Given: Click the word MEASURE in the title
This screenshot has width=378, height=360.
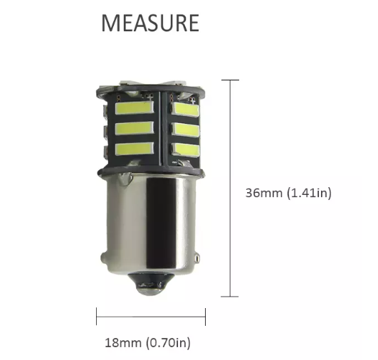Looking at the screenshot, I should click(x=149, y=23).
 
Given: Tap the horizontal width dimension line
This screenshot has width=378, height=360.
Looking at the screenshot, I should click(x=150, y=315).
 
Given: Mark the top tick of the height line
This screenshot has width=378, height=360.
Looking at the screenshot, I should click(x=229, y=80).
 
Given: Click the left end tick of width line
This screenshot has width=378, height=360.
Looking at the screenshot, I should click(x=96, y=315).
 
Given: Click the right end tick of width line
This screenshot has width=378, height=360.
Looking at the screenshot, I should click(x=205, y=315).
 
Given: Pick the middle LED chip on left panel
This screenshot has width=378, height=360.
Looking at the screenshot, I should click(x=134, y=129).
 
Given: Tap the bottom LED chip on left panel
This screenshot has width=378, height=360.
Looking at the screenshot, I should click(x=134, y=149).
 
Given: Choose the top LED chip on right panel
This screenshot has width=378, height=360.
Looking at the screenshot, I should click(x=187, y=110).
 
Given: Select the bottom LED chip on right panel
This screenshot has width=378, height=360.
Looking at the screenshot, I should click(x=187, y=149).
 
